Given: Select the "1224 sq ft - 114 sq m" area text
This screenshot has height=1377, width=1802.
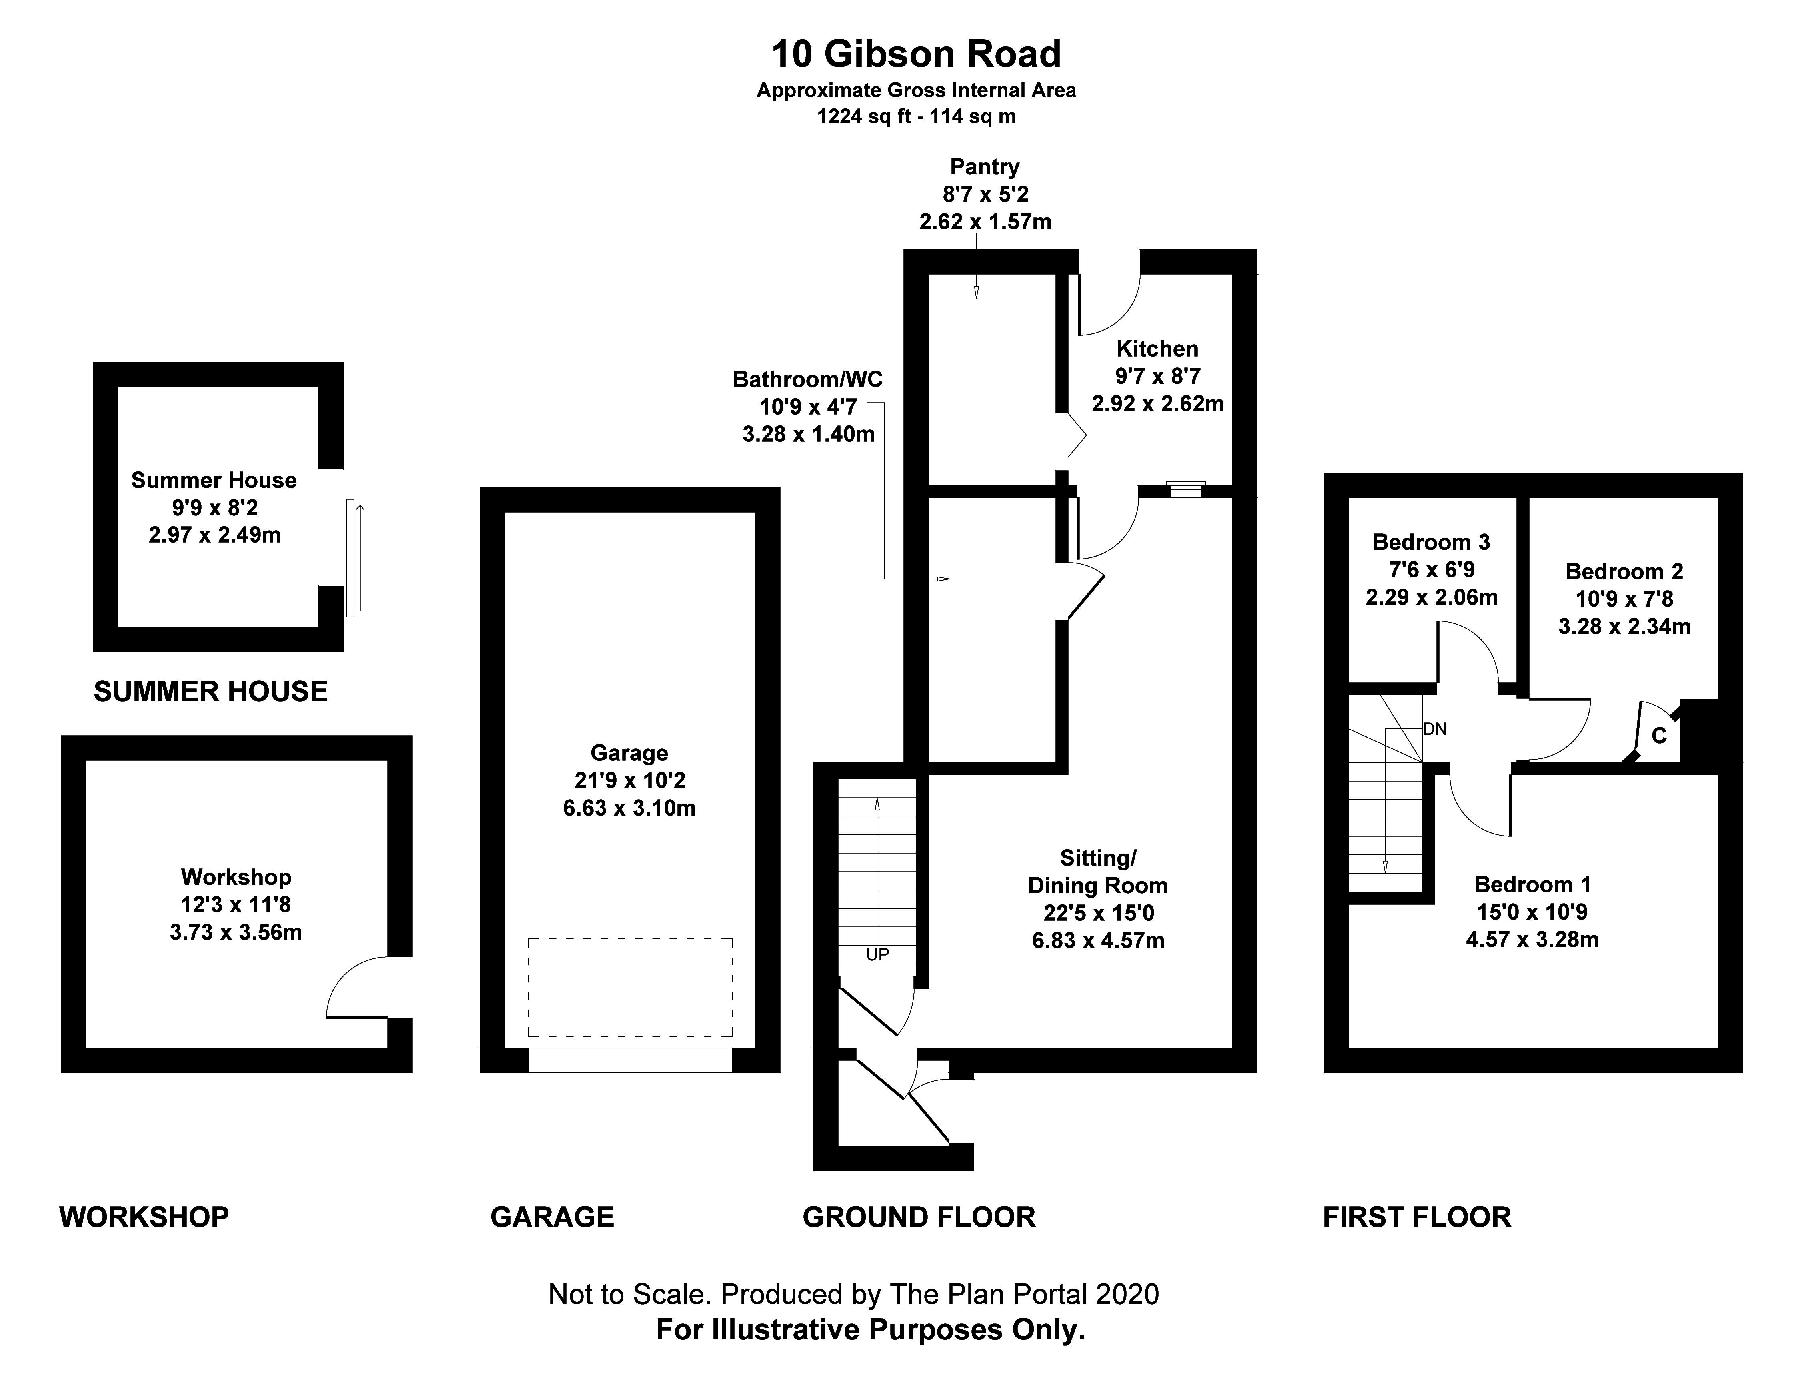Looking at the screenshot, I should point(916,116).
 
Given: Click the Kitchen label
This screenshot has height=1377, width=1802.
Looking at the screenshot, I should point(1157,349).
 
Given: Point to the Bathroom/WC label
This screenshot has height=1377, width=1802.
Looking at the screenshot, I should point(807,379).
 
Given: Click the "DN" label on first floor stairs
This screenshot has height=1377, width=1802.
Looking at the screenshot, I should point(1435,728).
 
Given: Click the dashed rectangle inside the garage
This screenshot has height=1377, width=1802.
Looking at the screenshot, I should point(629,988).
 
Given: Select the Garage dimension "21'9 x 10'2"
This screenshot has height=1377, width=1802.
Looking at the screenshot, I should point(629,780).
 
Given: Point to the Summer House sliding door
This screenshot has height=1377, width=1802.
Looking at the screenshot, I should point(351,557).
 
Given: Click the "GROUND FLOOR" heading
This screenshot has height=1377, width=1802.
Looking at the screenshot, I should point(918,1217).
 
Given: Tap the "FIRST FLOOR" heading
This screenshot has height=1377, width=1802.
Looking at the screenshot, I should point(1416,1217).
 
